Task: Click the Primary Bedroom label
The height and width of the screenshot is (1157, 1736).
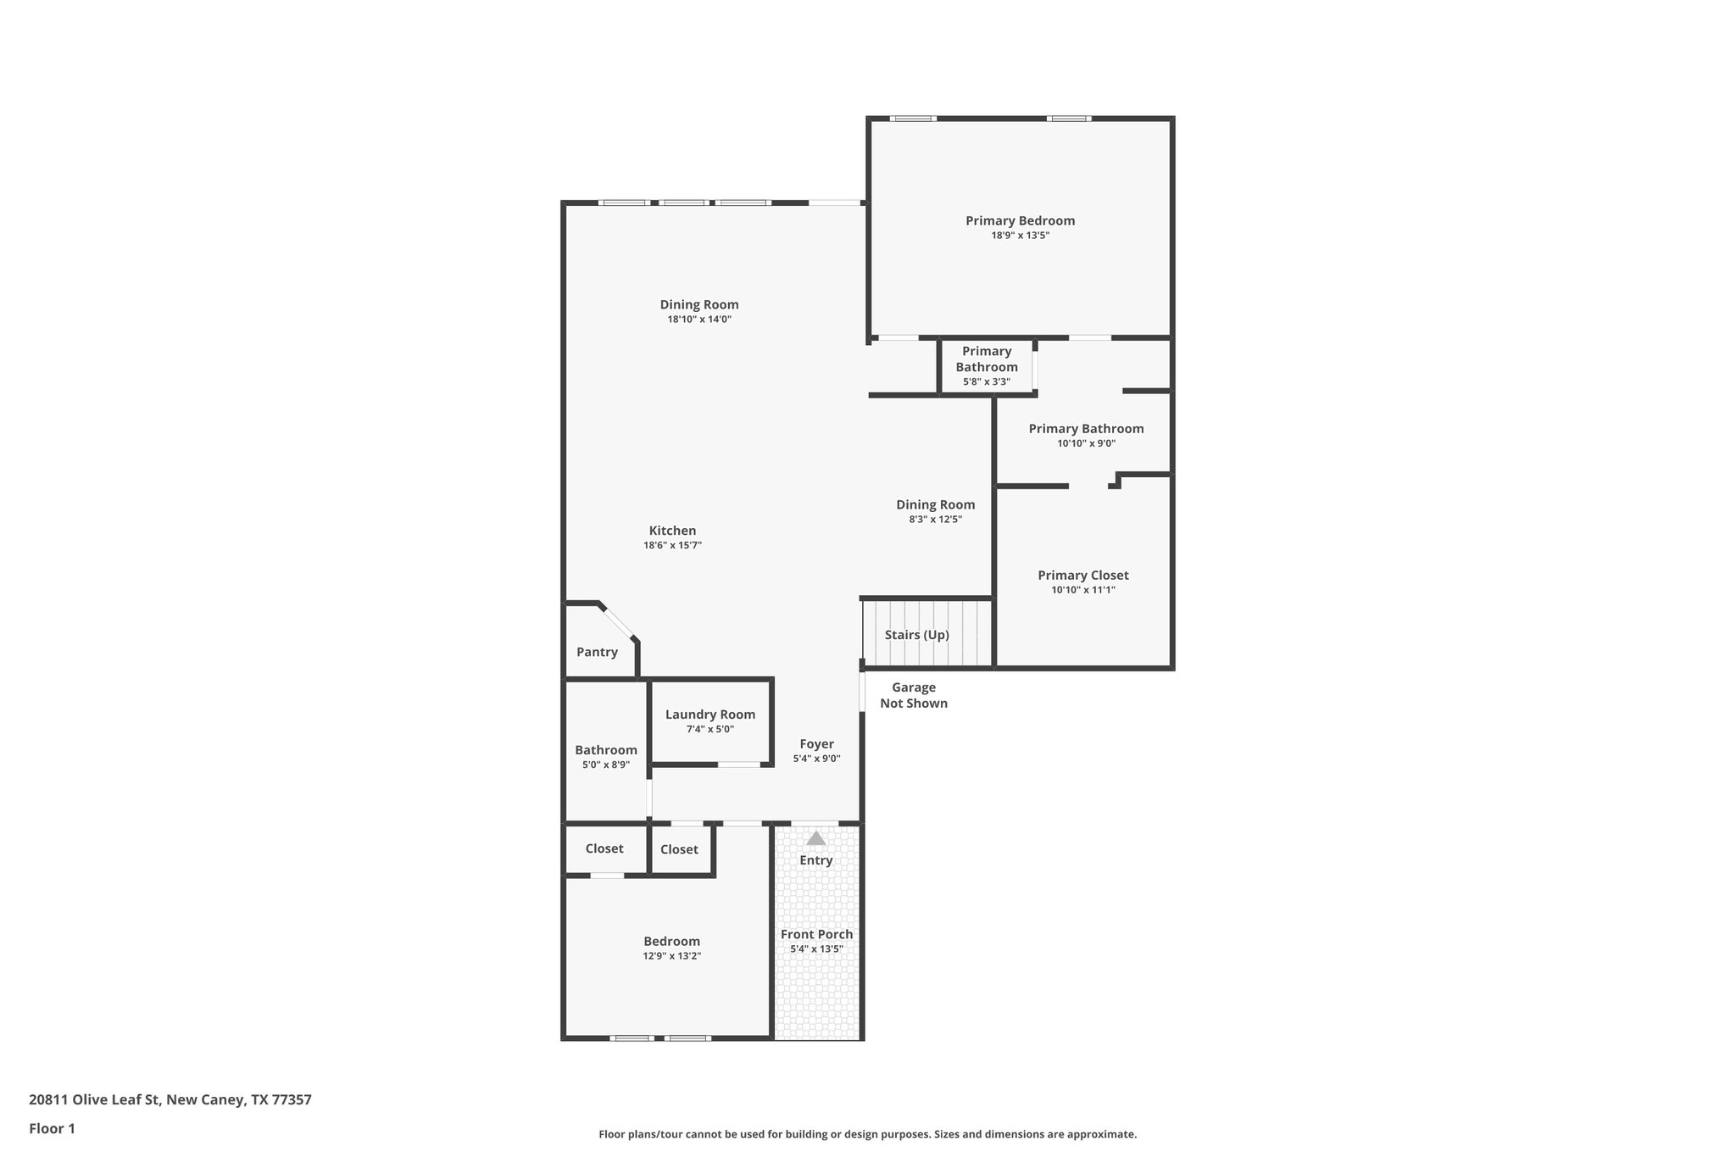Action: [1020, 220]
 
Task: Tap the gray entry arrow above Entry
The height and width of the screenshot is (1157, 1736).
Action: [815, 838]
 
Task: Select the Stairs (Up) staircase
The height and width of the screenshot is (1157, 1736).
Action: [926, 634]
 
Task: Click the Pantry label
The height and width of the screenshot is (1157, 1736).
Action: [597, 652]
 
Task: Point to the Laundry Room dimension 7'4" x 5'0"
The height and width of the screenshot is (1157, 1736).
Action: [709, 729]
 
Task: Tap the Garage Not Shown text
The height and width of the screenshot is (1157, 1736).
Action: [913, 695]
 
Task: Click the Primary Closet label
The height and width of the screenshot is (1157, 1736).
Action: [1082, 575]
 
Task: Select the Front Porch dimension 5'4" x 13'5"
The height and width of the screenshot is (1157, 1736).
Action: [816, 948]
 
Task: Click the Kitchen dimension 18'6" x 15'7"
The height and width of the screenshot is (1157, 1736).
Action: [672, 545]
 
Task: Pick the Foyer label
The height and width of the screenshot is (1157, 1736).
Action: [816, 744]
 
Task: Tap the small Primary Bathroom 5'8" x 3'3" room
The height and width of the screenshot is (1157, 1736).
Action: [986, 365]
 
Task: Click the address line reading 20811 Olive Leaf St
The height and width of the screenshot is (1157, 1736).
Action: [170, 1099]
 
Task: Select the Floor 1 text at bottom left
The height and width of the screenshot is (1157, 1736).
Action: [52, 1128]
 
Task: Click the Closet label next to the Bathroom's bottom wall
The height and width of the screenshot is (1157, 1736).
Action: [604, 848]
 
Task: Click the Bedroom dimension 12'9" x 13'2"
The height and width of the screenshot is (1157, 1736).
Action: [671, 955]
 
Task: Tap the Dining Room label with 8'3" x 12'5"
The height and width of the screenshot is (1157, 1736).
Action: [935, 504]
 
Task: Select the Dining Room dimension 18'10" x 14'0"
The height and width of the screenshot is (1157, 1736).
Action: [698, 320]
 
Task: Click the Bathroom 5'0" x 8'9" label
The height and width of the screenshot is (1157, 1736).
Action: [605, 750]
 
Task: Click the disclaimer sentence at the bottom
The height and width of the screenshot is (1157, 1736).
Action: [867, 1134]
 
